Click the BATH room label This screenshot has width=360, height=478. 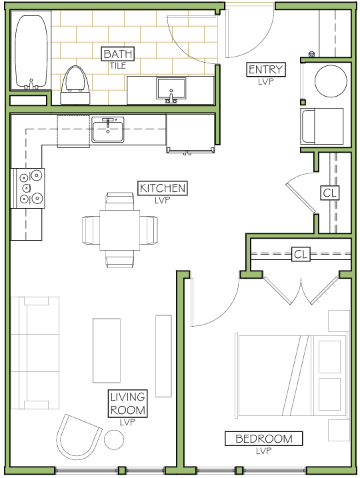click(x=117, y=54)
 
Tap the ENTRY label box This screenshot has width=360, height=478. click(x=266, y=69)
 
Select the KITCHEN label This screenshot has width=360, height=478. click(x=163, y=188)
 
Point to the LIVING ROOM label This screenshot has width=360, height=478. click(x=128, y=403)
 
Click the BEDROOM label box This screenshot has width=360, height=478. click(x=264, y=439)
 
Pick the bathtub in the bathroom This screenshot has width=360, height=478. click(x=31, y=52)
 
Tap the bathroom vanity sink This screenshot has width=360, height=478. click(x=171, y=89)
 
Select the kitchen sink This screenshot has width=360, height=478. click(x=108, y=129)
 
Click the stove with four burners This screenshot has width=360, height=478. click(x=28, y=189)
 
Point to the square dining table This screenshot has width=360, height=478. click(x=120, y=230)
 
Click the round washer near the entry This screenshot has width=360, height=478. click(x=331, y=81)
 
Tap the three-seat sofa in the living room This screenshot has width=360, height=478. click(x=35, y=353)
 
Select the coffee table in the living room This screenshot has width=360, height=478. click(x=107, y=350)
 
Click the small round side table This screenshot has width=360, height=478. click(x=114, y=439)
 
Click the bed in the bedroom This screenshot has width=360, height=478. click(x=292, y=375)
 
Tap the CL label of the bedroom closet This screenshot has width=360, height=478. click(x=301, y=254)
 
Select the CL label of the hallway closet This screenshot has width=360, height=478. click(x=330, y=193)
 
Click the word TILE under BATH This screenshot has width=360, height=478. click(x=118, y=65)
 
